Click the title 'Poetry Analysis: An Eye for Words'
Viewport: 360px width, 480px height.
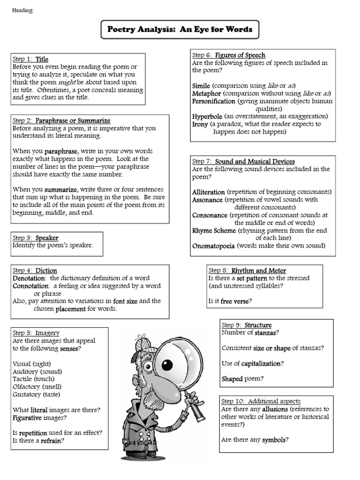point(180,30)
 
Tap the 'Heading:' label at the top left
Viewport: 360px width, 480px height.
point(23,11)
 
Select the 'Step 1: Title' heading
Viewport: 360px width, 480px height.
point(30,59)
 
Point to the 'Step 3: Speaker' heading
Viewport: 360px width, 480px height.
point(36,238)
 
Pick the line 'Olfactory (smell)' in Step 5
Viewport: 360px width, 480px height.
point(37,386)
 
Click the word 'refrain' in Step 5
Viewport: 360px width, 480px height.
point(52,440)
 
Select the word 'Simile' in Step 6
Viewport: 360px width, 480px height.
point(201,86)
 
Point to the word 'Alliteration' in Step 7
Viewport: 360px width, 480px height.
point(209,192)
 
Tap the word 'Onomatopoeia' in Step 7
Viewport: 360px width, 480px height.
point(214,246)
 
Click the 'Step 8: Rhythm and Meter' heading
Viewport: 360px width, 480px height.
point(247,270)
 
